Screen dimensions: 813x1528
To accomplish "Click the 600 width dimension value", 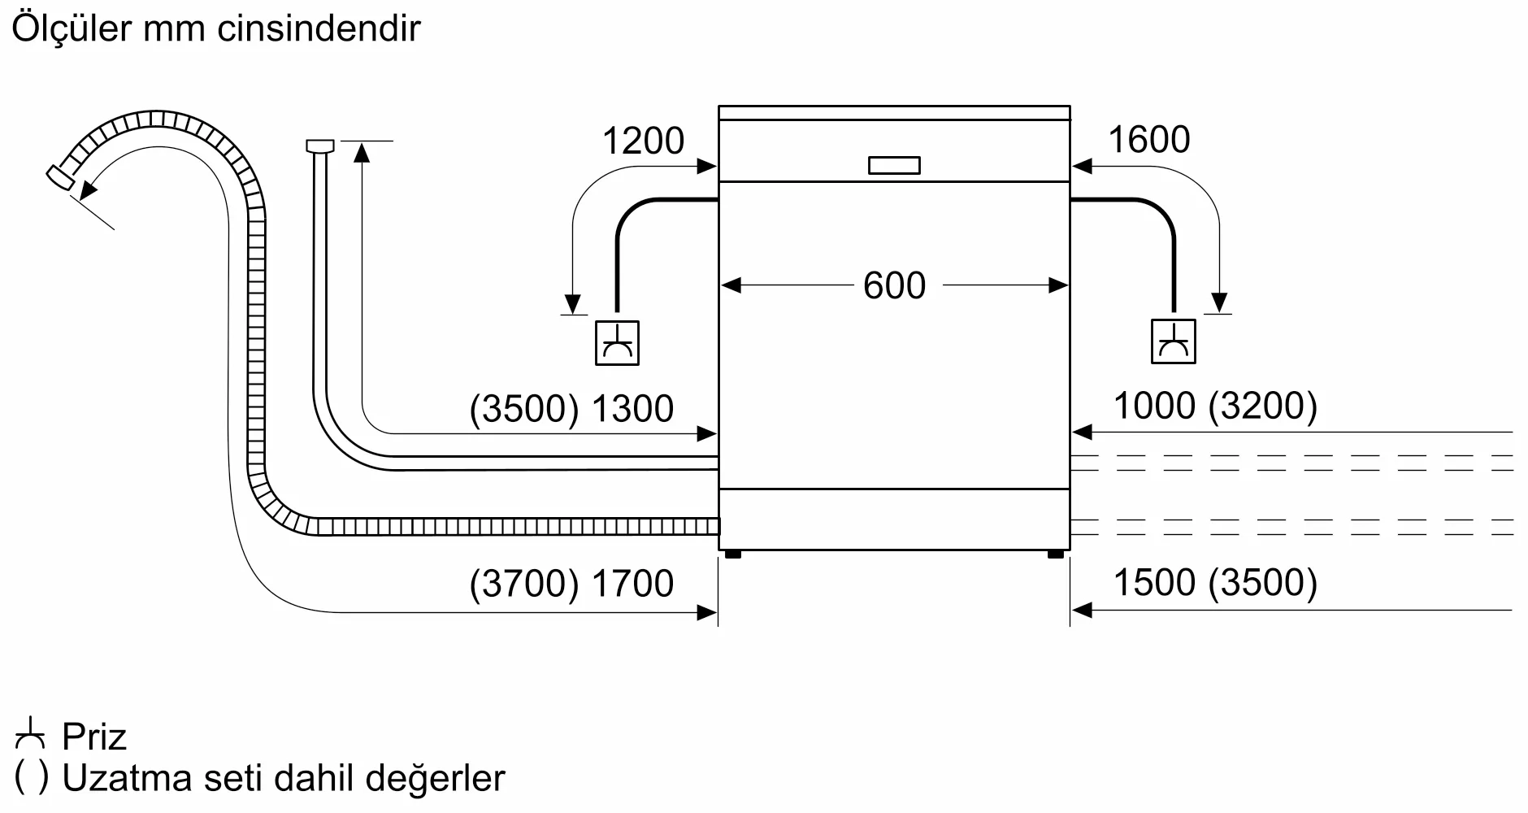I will coord(894,285).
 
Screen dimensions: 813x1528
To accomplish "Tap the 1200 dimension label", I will coord(643,141).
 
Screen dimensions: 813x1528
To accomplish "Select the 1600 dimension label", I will coord(1148,140).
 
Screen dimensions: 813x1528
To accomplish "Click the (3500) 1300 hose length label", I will coord(571,408).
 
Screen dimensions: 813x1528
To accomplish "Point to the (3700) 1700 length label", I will coord(571,584).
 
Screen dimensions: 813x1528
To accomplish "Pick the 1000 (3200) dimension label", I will coord(1214,406).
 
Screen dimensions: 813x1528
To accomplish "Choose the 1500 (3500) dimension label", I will coord(1214,583).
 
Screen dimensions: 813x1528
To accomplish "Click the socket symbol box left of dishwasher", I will coord(617,342).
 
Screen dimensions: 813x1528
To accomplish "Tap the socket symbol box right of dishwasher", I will coord(1173,341).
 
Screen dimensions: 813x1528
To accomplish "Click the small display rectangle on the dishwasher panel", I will coord(894,165).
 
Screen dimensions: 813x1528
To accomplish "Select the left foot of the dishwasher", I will coord(732,554).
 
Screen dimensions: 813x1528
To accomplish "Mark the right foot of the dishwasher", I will coord(1055,554).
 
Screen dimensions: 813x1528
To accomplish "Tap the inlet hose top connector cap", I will coord(319,146).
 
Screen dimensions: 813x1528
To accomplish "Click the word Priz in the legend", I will coord(94,737).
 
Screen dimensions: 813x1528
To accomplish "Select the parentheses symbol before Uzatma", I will coord(31,778).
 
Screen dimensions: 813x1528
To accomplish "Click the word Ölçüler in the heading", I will coord(72,29).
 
